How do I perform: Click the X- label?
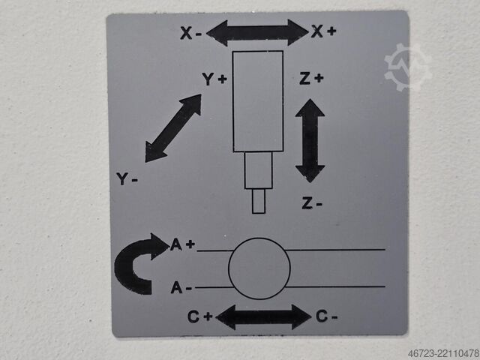click(x=190, y=33)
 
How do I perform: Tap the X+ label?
click(x=323, y=31)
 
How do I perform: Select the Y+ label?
click(x=214, y=79)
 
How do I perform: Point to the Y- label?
click(x=127, y=178)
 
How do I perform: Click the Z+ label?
click(x=311, y=78)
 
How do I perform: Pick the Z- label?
click(x=312, y=203)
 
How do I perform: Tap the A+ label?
click(x=182, y=244)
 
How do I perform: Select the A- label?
click(x=181, y=288)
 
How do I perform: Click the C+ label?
click(x=200, y=316)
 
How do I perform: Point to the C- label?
click(x=326, y=316)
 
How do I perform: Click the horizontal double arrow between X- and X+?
click(x=257, y=32)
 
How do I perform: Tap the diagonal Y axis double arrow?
click(x=173, y=128)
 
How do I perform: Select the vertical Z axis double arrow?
click(x=310, y=140)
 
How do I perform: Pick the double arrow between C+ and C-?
click(x=263, y=316)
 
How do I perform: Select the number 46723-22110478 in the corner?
click(x=443, y=353)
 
